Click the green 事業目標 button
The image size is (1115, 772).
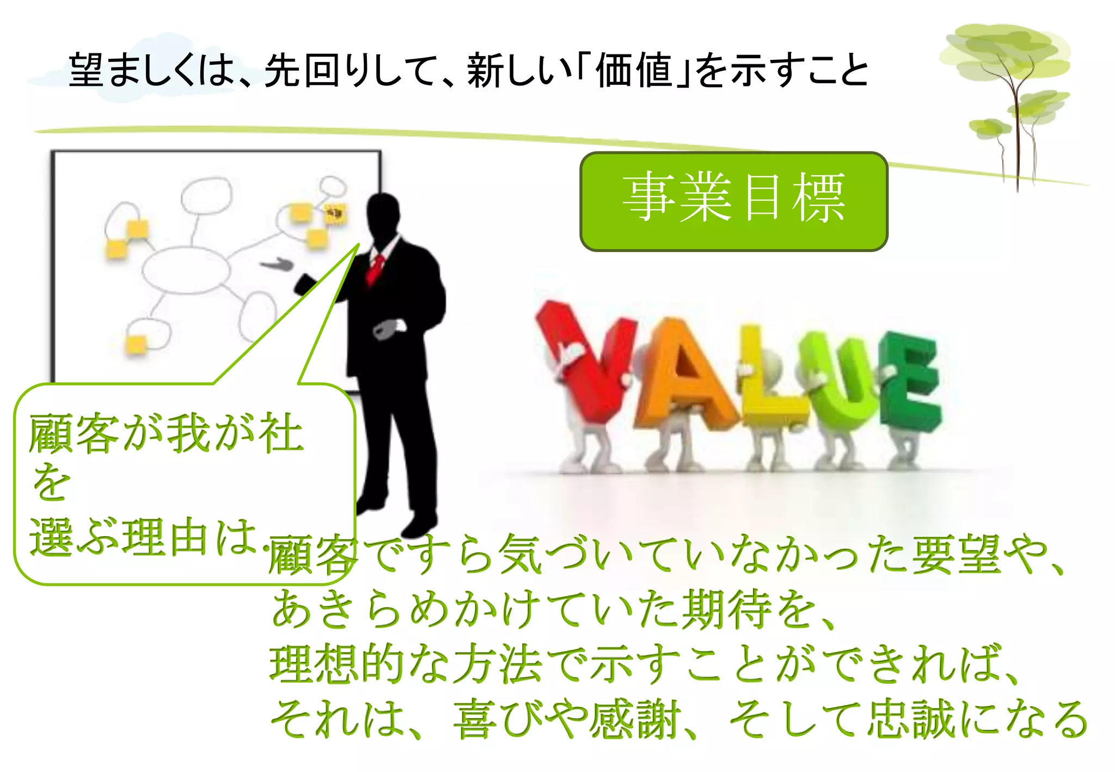click(x=733, y=201)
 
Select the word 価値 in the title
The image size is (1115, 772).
click(x=634, y=71)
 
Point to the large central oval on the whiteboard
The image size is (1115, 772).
click(x=185, y=269)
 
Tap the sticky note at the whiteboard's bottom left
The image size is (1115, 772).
click(x=136, y=344)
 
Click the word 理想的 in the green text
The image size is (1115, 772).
click(x=338, y=664)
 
